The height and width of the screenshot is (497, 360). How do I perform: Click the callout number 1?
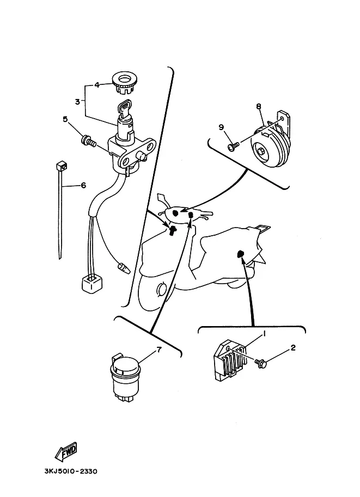(264, 333)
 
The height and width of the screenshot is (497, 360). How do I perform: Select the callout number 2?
(293, 348)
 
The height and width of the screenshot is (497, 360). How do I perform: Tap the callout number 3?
(78, 101)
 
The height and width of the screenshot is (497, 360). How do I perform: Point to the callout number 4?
(96, 85)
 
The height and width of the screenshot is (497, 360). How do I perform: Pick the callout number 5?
(65, 119)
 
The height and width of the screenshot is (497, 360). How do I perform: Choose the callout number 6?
(83, 185)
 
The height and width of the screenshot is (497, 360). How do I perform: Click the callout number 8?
(259, 107)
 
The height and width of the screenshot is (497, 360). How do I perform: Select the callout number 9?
(221, 127)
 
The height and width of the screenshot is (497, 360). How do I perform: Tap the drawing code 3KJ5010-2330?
(68, 471)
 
